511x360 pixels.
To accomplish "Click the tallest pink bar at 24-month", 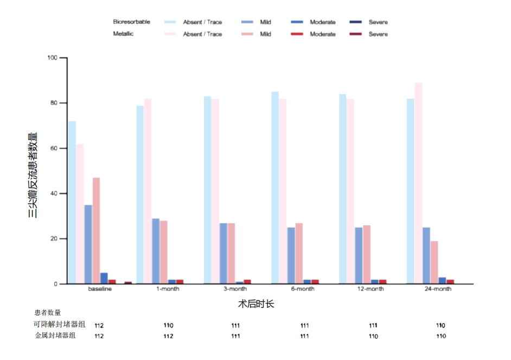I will (x=418, y=183).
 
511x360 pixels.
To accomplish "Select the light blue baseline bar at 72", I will (x=72, y=202).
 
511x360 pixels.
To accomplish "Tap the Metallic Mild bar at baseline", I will (x=96, y=230).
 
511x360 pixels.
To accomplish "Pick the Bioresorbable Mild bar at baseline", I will (x=88, y=244).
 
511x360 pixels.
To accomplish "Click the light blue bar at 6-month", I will (x=275, y=187).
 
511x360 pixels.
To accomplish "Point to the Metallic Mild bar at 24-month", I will (x=434, y=262).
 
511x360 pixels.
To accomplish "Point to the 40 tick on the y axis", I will (x=54, y=193).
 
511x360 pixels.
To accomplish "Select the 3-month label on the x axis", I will (x=235, y=289).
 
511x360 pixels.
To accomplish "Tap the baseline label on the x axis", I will (x=100, y=289).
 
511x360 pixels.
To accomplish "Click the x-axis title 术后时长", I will (x=256, y=304).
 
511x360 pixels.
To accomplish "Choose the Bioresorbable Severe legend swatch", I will (x=356, y=22).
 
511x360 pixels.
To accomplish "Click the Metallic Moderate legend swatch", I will (x=297, y=34).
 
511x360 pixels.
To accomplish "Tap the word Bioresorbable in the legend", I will (x=131, y=22).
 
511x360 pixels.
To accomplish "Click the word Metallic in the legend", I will (x=123, y=34).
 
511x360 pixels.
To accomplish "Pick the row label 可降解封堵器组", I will (x=59, y=324).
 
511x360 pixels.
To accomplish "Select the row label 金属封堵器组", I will (x=55, y=336).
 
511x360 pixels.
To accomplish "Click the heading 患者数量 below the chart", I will (x=47, y=313).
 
